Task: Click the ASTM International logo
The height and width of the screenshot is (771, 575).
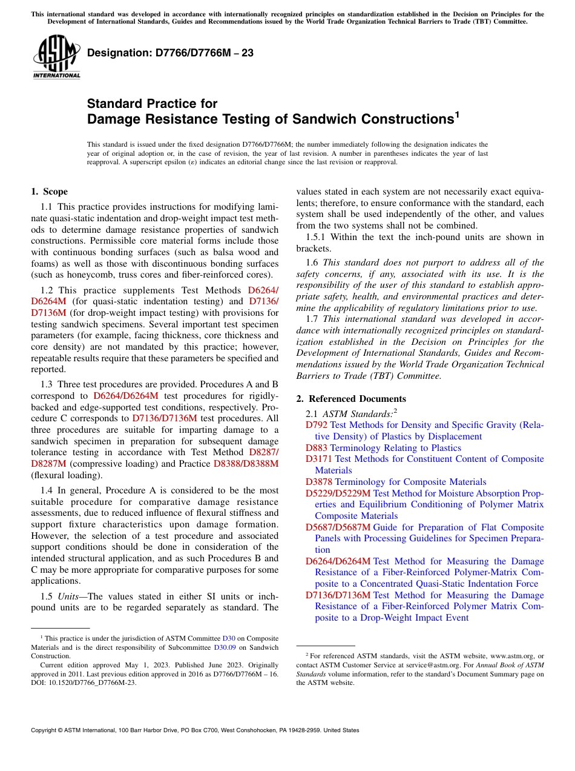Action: click(x=56, y=57)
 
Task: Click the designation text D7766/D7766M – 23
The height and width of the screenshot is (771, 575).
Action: click(x=170, y=53)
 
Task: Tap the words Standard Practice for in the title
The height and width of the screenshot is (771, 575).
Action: click(x=152, y=104)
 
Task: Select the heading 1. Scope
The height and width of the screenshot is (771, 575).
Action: click(x=50, y=192)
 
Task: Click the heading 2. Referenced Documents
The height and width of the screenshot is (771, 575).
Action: click(x=351, y=398)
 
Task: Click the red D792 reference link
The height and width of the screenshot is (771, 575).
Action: click(x=317, y=425)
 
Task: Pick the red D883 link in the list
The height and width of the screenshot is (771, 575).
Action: click(x=317, y=448)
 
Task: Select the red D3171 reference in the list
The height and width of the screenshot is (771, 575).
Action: click(x=319, y=459)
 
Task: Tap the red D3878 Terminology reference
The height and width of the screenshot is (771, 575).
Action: click(x=319, y=482)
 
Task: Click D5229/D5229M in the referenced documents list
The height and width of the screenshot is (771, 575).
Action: click(x=338, y=493)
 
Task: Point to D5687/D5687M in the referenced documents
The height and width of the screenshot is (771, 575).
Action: click(x=338, y=527)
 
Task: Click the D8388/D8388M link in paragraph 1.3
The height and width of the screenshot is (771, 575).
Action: click(x=246, y=464)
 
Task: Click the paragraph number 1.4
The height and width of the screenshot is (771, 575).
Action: click(x=48, y=490)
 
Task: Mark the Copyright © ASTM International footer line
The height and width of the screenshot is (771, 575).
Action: click(x=195, y=730)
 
